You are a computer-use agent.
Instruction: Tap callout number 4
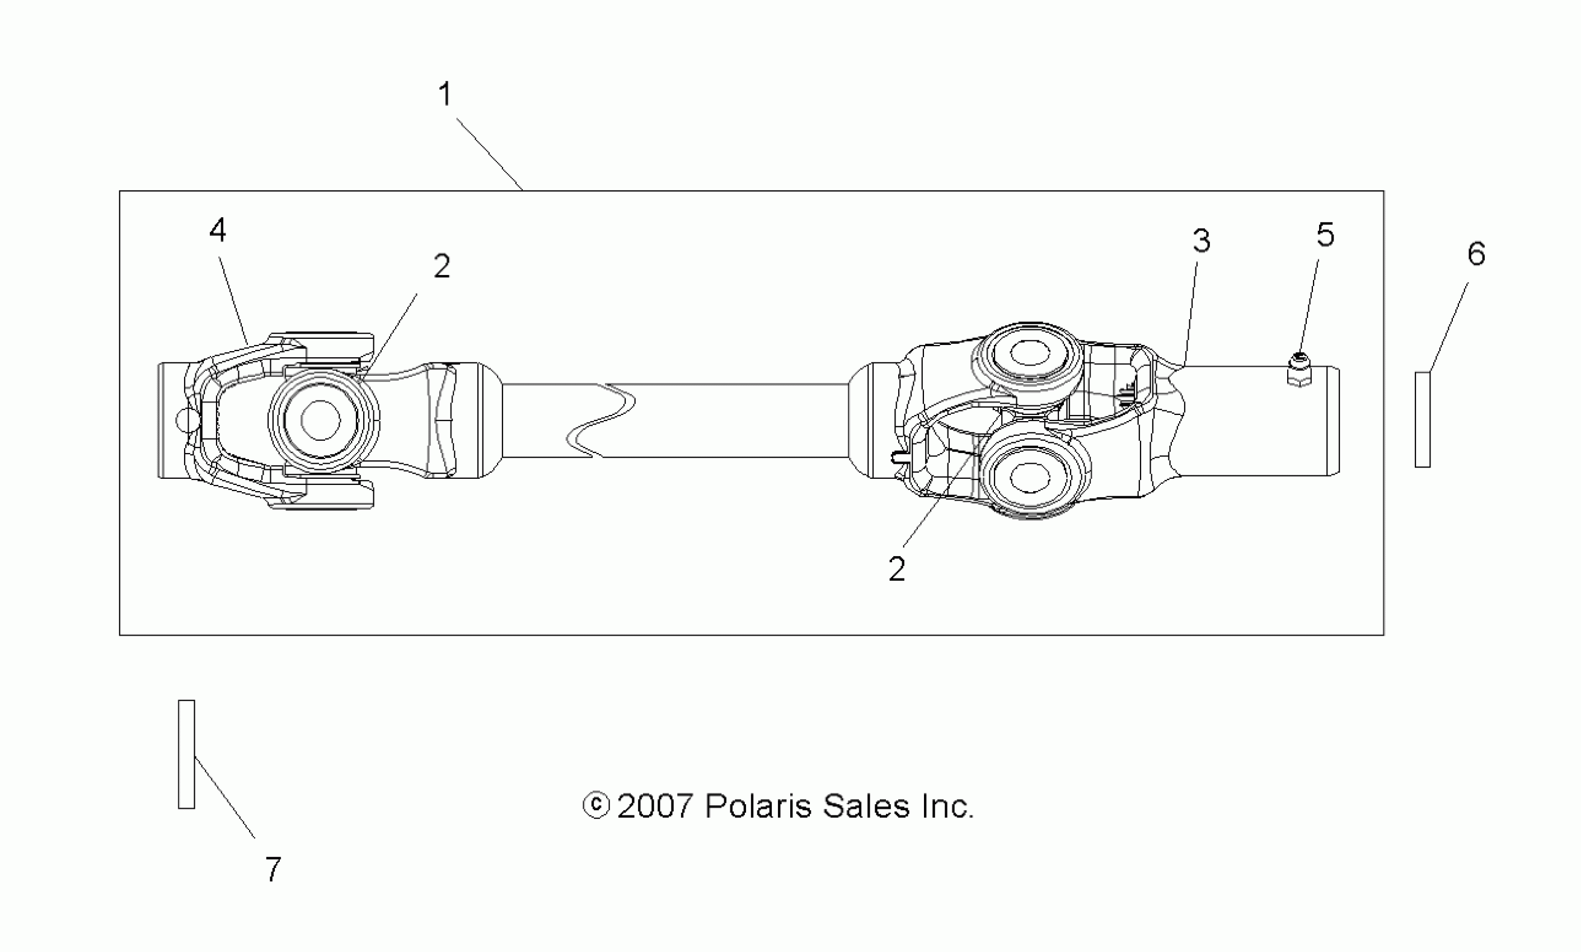218,230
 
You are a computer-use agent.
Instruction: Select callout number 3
1202,241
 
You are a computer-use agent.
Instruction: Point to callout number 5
1325,235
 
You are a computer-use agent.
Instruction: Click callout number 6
1476,254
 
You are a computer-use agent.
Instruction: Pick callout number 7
274,870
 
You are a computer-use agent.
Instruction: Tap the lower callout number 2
897,569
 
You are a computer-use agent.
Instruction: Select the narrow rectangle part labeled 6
1423,419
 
